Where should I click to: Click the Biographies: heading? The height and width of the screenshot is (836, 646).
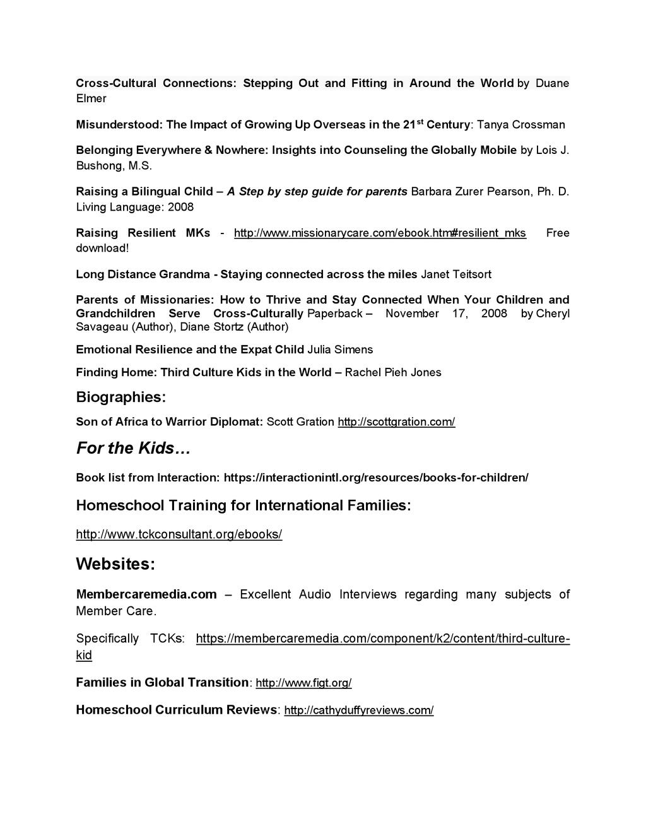120,397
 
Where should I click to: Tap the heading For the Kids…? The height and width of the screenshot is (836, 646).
133,449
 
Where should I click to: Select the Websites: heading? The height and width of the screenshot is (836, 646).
115,564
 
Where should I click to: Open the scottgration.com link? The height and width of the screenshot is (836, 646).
396,421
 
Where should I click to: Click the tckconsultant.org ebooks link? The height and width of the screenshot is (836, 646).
179,534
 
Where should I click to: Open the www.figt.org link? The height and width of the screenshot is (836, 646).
303,683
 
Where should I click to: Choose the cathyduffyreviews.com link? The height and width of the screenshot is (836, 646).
358,710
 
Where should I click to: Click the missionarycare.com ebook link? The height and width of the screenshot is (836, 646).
380,233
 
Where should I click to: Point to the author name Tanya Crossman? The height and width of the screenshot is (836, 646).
520,124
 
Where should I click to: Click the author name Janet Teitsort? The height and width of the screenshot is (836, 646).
455,274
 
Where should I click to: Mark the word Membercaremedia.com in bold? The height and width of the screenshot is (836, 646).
146,594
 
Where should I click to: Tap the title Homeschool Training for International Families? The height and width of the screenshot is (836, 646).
244,505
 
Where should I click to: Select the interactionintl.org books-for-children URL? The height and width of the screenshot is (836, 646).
376,478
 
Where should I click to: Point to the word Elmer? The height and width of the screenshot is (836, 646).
91,98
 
